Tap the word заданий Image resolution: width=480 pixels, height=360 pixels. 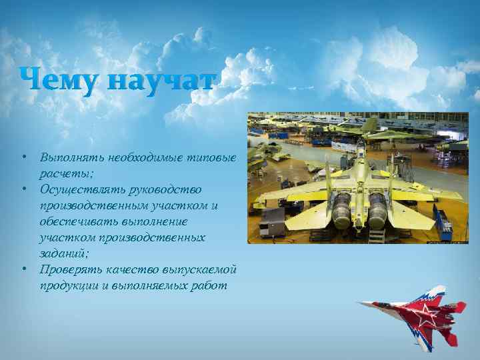(x=63, y=253)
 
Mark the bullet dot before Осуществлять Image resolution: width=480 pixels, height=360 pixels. (x=23, y=189)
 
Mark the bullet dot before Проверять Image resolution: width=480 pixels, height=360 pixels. (x=23, y=269)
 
